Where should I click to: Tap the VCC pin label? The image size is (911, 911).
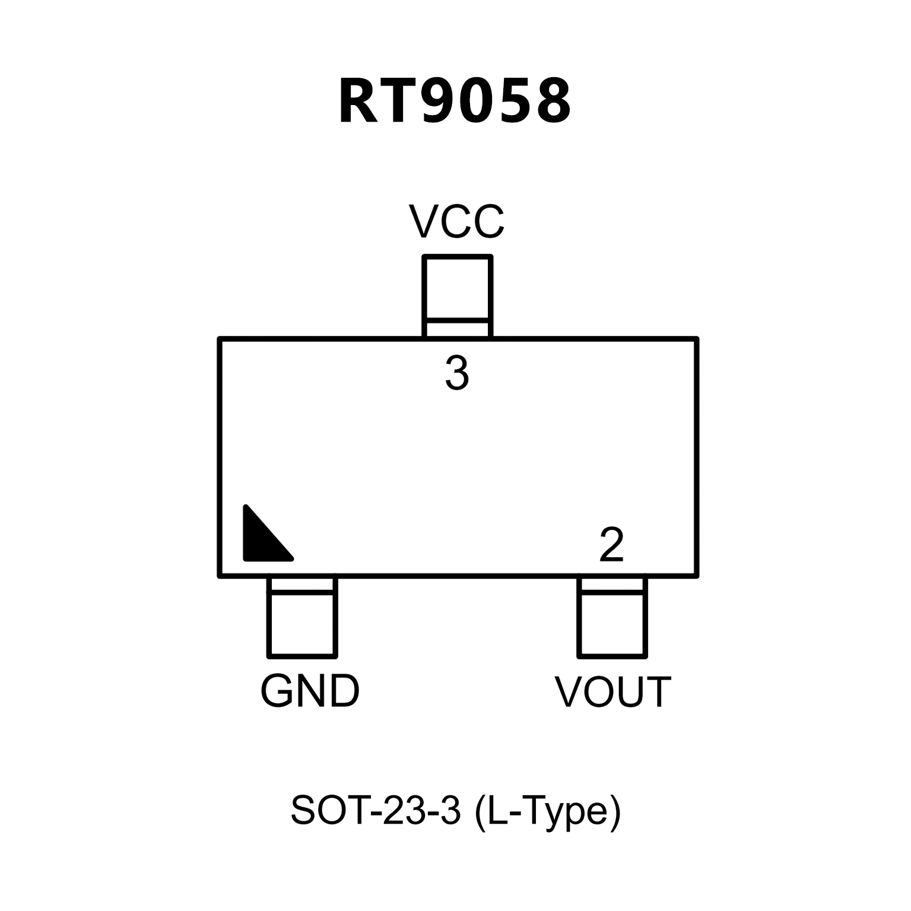pyautogui.click(x=456, y=222)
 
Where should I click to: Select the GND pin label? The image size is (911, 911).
pyautogui.click(x=310, y=691)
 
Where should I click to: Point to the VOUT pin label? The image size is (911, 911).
pyautogui.click(x=612, y=692)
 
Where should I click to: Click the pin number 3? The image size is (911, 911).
pyautogui.click(x=457, y=373)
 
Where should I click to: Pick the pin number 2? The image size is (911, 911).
pyautogui.click(x=611, y=544)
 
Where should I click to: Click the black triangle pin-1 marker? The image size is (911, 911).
pyautogui.click(x=263, y=538)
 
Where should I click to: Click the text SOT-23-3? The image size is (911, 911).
pyautogui.click(x=375, y=810)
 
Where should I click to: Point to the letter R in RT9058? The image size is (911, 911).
pyautogui.click(x=358, y=101)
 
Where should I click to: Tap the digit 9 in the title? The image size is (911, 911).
pyautogui.click(x=442, y=101)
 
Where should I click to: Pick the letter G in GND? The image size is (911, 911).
pyautogui.click(x=277, y=691)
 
